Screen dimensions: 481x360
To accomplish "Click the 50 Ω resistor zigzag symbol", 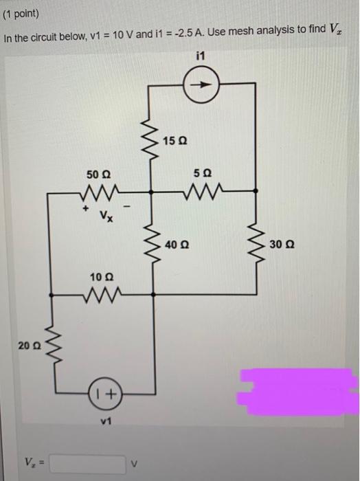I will click(x=104, y=189).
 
